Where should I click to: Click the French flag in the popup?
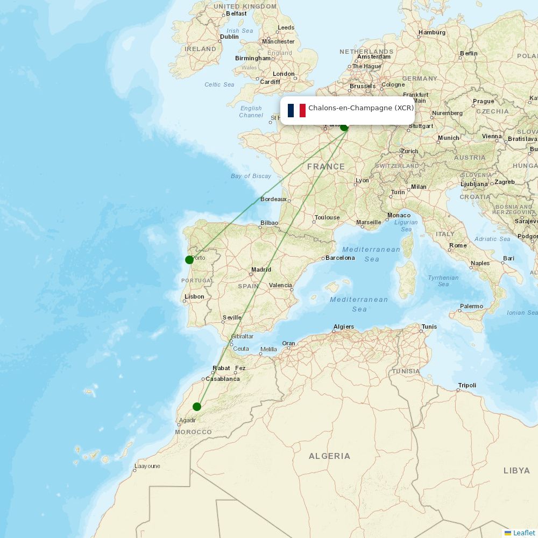296,110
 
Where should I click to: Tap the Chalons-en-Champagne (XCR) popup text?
361,108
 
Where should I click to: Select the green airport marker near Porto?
189,260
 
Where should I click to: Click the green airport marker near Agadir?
197,406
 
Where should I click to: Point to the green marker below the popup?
344,127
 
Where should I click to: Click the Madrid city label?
261,270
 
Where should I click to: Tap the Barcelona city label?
340,258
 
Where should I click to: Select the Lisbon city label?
194,296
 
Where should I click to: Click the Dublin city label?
229,37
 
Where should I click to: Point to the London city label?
284,74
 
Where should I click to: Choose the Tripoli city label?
467,385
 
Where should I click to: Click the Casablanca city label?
223,379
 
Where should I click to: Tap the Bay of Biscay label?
251,176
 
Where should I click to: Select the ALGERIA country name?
329,456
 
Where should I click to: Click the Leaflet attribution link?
523,533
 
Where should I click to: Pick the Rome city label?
458,245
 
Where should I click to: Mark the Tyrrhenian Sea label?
443,281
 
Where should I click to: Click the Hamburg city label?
432,32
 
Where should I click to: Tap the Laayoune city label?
147,466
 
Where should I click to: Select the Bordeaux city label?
273,199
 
